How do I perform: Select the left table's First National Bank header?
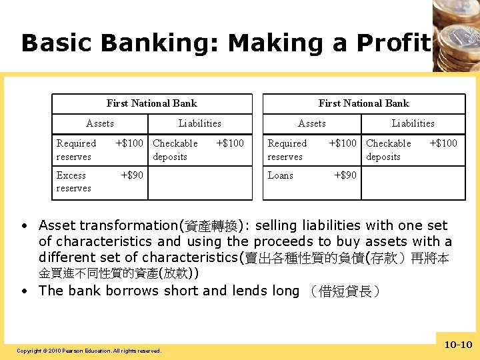click(152, 103)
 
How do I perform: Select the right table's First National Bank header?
click(363, 103)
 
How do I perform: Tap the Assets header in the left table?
click(100, 123)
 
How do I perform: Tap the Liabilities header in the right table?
click(413, 123)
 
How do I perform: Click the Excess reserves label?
click(73, 182)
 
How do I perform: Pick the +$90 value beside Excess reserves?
click(132, 175)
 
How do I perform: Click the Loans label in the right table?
click(280, 175)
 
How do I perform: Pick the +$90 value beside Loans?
click(345, 175)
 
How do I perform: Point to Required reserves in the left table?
click(76, 150)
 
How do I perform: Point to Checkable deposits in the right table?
click(388, 150)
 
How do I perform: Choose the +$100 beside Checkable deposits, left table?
click(231, 143)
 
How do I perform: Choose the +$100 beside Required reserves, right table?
click(343, 143)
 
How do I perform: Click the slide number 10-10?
click(457, 345)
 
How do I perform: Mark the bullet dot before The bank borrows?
click(24, 291)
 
